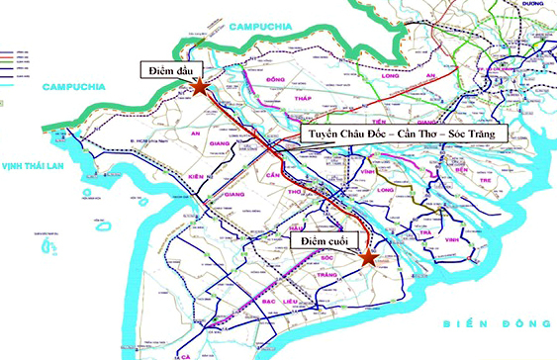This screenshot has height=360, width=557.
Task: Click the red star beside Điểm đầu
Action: [200, 87]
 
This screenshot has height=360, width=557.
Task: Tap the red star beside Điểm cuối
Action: [367, 258]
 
